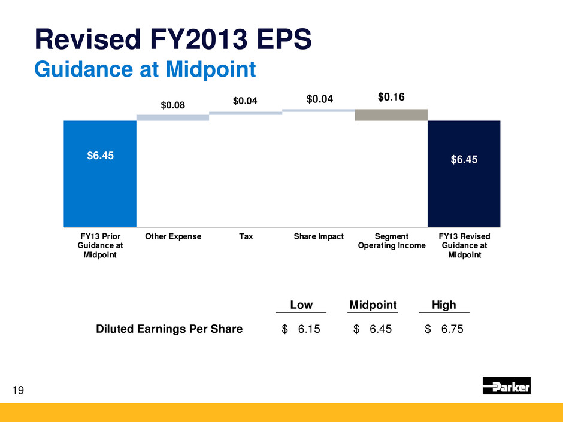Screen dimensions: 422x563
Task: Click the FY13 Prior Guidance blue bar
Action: click(x=100, y=174)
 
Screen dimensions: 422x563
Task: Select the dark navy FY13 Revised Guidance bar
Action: click(x=464, y=174)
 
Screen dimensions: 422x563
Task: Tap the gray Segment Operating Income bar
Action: click(x=391, y=115)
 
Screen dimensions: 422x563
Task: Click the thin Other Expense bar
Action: click(x=172, y=117)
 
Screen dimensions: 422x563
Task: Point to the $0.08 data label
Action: click(x=172, y=105)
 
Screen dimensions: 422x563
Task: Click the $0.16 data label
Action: click(x=391, y=96)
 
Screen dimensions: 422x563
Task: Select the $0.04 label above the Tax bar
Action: click(x=246, y=101)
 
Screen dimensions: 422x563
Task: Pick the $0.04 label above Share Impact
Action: click(x=319, y=99)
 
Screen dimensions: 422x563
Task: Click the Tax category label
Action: click(x=246, y=236)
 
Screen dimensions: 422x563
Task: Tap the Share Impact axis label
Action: click(x=319, y=236)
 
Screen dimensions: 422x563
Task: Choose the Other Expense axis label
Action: click(x=173, y=236)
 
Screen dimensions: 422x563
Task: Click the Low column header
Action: click(x=301, y=305)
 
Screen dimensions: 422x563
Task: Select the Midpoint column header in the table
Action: click(x=373, y=305)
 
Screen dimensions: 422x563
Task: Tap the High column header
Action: click(x=444, y=305)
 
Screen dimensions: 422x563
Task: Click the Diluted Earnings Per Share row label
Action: click(x=169, y=329)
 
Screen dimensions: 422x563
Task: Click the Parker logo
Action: click(x=506, y=385)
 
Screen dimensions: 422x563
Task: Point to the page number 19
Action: click(x=19, y=391)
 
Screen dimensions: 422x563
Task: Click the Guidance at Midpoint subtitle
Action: click(x=146, y=69)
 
